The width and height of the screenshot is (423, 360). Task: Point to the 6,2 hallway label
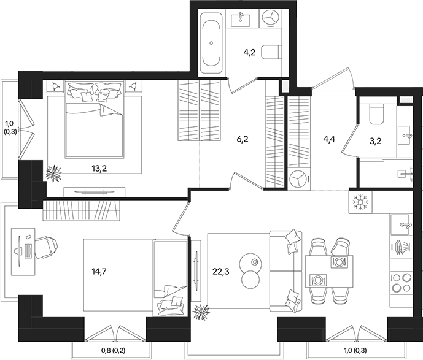pos(243,139)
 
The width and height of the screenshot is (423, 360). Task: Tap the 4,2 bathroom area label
pos(249,53)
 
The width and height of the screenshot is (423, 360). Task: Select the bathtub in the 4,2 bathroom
pos(211,43)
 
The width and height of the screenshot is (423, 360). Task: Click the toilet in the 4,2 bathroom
pos(270,53)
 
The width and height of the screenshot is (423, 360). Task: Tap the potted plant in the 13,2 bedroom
pos(55,173)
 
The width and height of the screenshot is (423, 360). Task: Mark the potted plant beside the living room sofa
pos(201,313)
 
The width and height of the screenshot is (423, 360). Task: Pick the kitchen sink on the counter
pos(402,224)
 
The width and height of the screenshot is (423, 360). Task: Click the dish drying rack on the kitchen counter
pos(402,247)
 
